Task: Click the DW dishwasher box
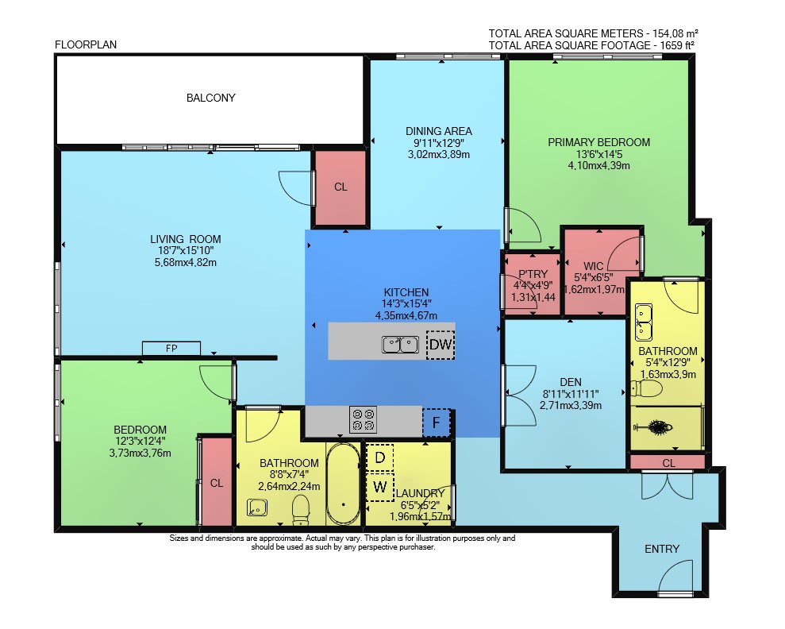(441, 345)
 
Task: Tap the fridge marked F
(436, 423)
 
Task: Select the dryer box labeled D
(380, 457)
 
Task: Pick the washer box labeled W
(380, 487)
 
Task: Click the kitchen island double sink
(401, 345)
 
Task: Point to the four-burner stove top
(363, 419)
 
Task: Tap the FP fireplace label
(171, 348)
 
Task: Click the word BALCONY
(211, 98)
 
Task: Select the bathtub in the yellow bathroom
(343, 484)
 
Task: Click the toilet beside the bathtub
(300, 510)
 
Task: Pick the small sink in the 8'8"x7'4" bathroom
(257, 507)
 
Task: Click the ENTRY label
(662, 549)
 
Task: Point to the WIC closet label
(593, 266)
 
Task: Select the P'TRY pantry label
(533, 274)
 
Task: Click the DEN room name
(571, 382)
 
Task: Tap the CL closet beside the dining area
(341, 187)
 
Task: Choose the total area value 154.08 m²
(675, 33)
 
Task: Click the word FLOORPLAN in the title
(86, 44)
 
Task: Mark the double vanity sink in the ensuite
(644, 322)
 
